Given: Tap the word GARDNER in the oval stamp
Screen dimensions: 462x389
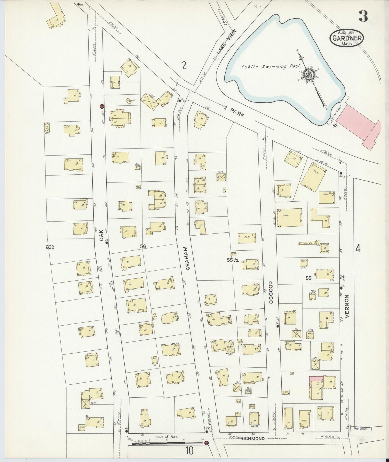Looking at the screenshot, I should coord(346,38).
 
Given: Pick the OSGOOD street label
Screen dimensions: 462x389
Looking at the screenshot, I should coord(271,293).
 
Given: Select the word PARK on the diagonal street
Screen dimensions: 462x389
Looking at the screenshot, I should coord(237,111).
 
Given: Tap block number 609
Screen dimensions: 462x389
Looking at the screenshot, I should coord(50,247).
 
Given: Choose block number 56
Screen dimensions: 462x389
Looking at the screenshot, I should coord(143,246).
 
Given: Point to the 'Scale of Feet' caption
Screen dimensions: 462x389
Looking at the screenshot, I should coord(166,437).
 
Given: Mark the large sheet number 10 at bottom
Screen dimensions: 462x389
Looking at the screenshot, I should coord(189,450).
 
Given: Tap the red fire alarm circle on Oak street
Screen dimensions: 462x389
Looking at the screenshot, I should coord(102,106).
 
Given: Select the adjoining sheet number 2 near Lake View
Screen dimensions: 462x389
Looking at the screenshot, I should coord(184,65).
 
